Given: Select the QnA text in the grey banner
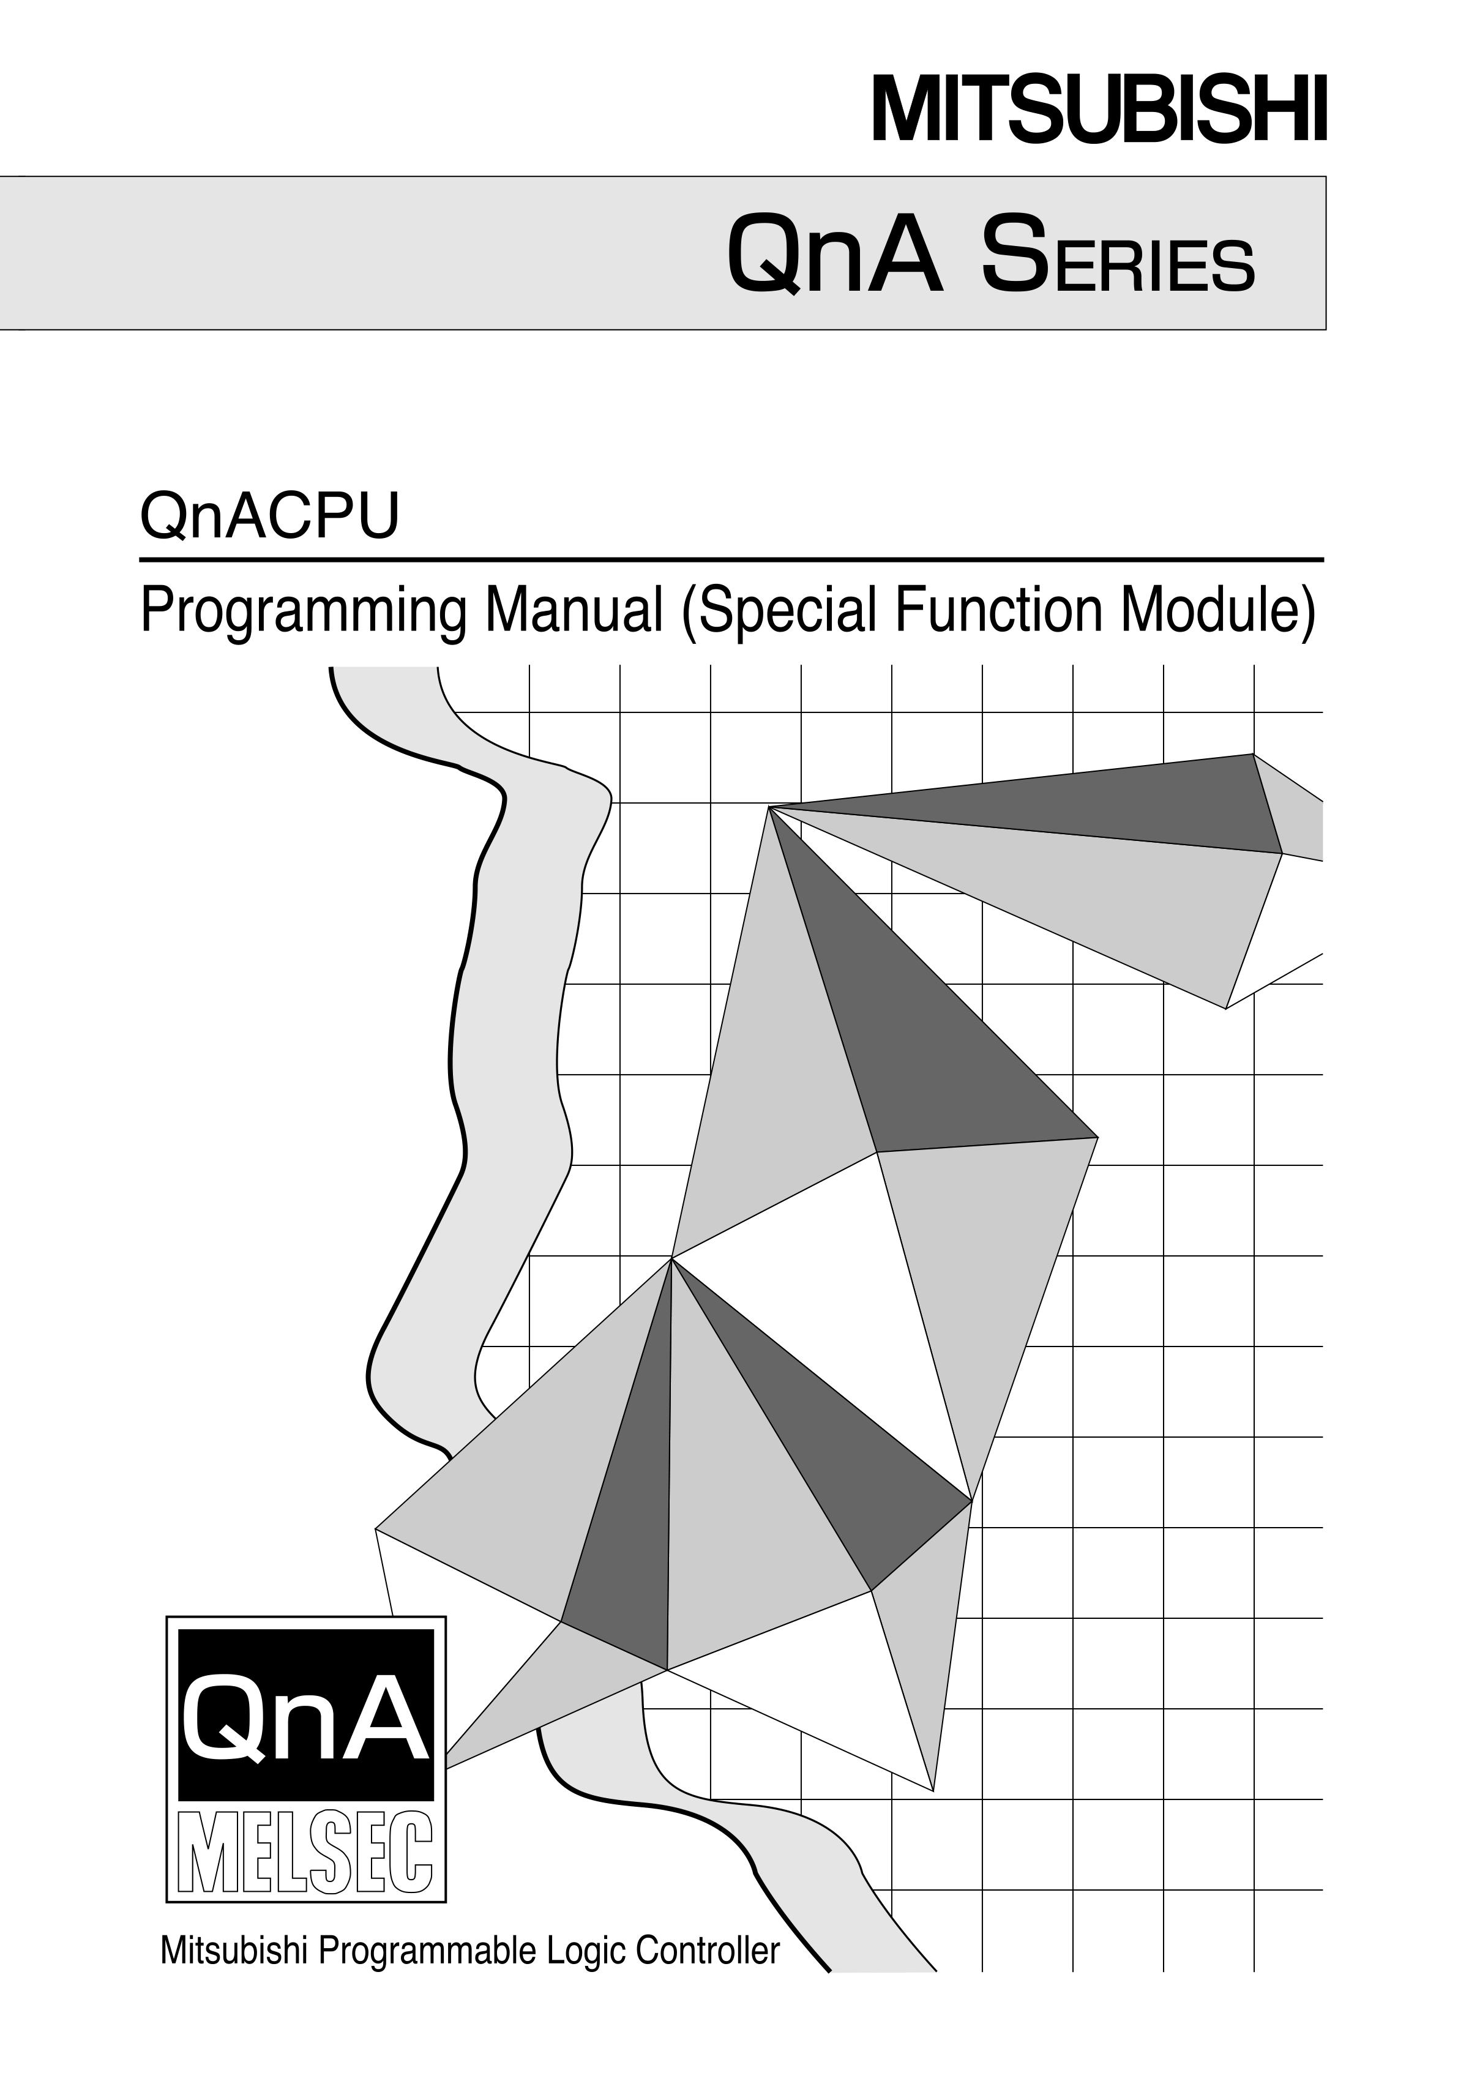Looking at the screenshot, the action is (x=834, y=254).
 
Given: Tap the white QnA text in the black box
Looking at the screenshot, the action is (x=305, y=1716).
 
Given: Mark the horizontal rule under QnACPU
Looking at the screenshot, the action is (x=731, y=561).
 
